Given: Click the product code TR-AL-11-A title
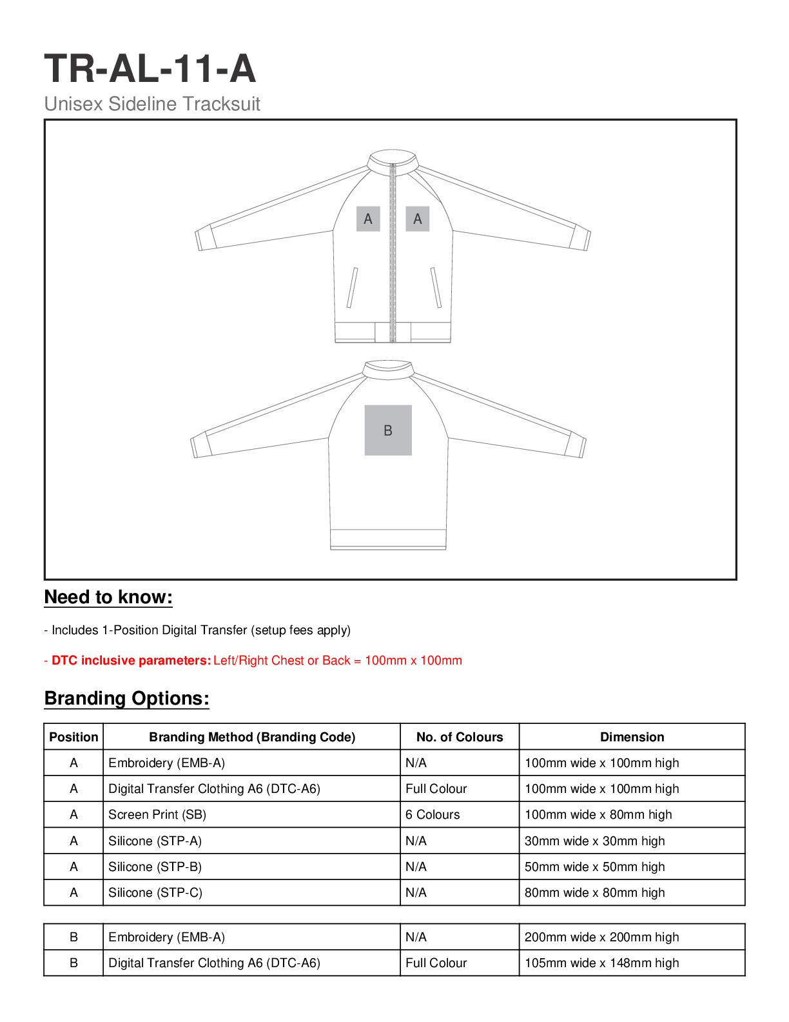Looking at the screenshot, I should (x=150, y=68).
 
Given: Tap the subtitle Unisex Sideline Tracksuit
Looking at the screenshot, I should (x=152, y=104).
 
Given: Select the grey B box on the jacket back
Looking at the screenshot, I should (x=388, y=430).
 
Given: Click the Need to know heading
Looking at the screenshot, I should (x=108, y=597).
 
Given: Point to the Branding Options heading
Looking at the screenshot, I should (x=127, y=698).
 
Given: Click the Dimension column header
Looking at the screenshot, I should (x=632, y=737).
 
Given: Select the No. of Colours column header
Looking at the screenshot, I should (x=460, y=737).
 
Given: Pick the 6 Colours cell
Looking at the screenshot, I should (x=433, y=814).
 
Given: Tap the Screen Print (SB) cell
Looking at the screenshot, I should (x=157, y=814).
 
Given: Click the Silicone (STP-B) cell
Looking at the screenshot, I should (x=155, y=867).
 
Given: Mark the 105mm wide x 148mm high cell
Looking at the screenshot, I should (x=601, y=963).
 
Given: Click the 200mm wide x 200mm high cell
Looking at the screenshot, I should (x=601, y=937).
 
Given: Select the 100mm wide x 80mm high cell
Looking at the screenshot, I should (x=598, y=814).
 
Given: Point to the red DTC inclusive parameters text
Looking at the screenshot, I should (x=253, y=660).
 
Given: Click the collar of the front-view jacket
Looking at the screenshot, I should (x=392, y=158).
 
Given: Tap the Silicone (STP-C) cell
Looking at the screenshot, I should (x=155, y=892).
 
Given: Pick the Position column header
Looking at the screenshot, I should (x=73, y=737).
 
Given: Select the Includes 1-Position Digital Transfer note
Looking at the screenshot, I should (x=197, y=630).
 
